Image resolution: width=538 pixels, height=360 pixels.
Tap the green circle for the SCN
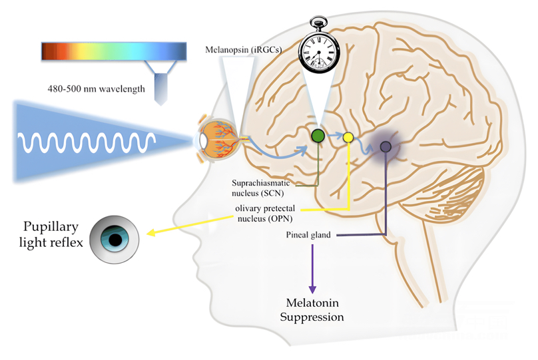click(318, 136)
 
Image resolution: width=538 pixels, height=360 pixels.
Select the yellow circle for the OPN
click(348, 138)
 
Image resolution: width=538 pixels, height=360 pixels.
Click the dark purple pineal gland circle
click(385, 146)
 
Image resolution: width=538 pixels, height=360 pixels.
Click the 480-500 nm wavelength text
click(97, 88)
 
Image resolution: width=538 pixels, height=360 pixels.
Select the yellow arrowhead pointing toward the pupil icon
click(152, 233)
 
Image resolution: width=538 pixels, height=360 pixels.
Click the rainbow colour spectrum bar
click(113, 51)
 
